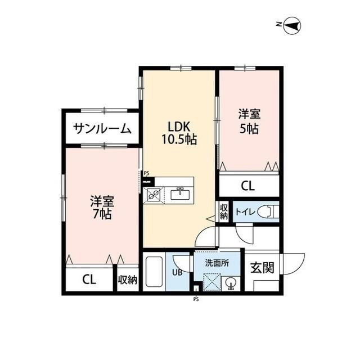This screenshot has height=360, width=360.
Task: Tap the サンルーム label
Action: point(102,129)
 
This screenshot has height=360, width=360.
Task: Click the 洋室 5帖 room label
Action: point(248,121)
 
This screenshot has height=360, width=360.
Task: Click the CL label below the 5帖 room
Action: point(248,185)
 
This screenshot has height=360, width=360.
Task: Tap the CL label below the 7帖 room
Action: point(89,280)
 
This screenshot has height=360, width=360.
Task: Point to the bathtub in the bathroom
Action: point(153,273)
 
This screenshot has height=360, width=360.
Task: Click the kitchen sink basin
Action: point(179,194)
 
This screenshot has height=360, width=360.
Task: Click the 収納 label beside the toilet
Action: point(223,211)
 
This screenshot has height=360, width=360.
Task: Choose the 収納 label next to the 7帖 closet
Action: point(128,280)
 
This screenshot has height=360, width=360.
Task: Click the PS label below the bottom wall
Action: point(196,299)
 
